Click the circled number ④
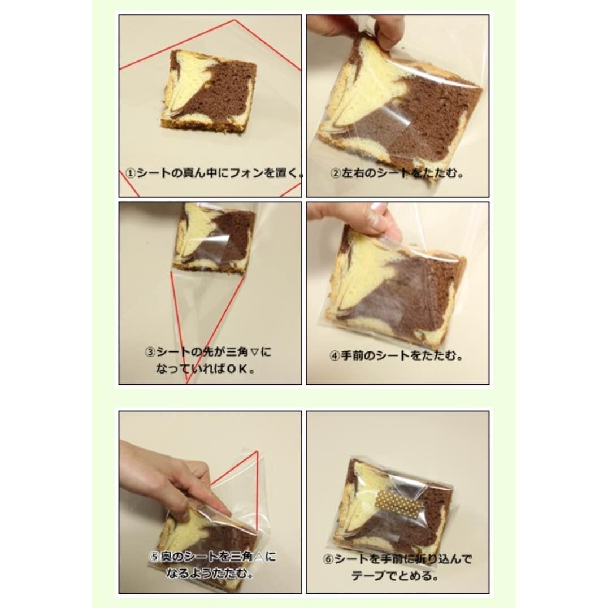pos(335,356)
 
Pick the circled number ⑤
pos(154,557)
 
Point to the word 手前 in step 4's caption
pos(352,356)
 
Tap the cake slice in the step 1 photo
pos(209,90)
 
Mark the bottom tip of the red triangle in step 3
pos(187,382)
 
